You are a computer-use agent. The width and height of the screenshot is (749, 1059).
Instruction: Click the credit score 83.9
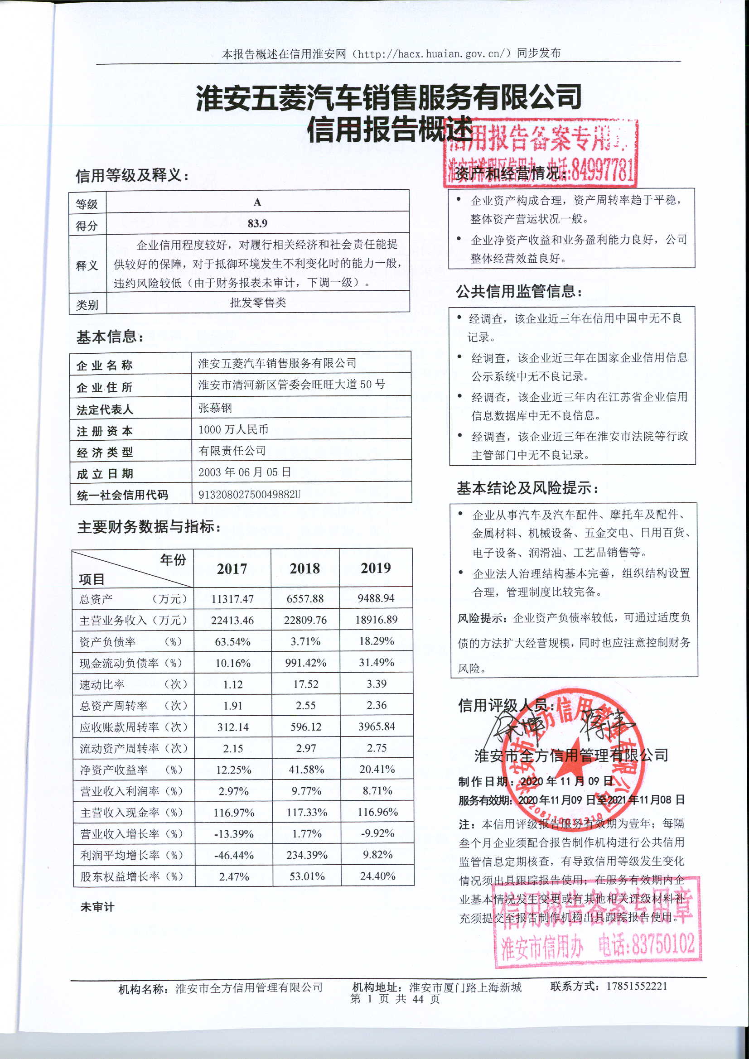click(x=257, y=223)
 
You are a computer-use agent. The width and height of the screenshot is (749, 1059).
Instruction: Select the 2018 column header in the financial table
click(x=304, y=568)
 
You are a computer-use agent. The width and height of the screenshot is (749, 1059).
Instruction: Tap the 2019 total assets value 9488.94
click(x=376, y=598)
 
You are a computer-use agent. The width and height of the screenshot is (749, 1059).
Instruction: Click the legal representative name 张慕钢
click(x=215, y=408)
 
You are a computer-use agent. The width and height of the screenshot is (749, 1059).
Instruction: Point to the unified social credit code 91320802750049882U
click(x=249, y=495)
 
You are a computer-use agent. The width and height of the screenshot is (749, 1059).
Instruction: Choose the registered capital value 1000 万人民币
click(x=233, y=429)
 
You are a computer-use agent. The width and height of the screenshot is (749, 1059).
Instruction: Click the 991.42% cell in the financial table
click(x=305, y=663)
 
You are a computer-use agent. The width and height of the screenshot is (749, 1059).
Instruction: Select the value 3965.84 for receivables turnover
click(x=377, y=727)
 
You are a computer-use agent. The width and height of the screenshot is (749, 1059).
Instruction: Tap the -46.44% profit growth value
click(x=234, y=856)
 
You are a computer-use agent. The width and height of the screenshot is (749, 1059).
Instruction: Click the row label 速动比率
click(x=102, y=684)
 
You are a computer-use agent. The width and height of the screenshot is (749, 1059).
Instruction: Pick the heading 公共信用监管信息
click(x=519, y=292)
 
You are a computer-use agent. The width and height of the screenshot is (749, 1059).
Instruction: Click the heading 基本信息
click(x=110, y=337)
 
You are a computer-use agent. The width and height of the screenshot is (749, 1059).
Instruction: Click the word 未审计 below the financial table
click(x=97, y=907)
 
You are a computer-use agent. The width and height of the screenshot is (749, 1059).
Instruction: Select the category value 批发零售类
click(x=258, y=303)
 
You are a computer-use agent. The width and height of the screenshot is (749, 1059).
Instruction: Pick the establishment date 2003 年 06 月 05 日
click(x=245, y=472)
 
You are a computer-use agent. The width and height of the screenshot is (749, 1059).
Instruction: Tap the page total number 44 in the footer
click(x=418, y=999)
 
